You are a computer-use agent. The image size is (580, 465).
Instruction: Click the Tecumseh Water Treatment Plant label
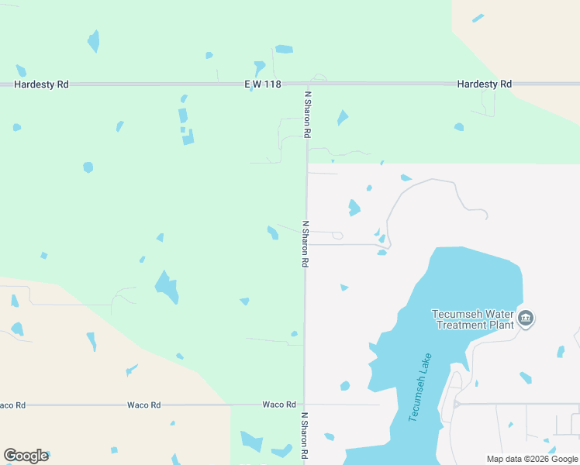[473, 319]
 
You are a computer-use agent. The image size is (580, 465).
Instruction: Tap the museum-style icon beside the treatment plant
[526, 319]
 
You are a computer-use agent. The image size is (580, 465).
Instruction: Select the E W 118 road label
[262, 84]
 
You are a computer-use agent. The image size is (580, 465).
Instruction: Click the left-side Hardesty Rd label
[42, 84]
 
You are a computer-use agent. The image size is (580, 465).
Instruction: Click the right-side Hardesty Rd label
[484, 84]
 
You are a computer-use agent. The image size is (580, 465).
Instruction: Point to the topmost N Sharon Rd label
[307, 115]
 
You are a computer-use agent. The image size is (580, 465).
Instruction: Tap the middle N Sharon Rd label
[306, 244]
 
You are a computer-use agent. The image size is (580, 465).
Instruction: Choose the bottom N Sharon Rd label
[304, 436]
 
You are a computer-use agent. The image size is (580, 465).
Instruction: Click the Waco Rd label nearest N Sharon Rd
[279, 405]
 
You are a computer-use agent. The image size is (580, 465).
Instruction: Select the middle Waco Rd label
[144, 405]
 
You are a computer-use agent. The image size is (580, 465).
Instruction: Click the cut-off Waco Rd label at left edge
[12, 405]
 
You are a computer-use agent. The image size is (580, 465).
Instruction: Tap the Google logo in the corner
[26, 456]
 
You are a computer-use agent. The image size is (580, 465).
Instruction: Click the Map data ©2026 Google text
[532, 459]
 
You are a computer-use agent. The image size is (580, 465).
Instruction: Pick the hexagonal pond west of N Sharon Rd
[88, 167]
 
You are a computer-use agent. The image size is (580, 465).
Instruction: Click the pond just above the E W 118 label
[284, 50]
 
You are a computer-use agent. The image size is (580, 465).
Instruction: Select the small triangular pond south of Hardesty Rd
[342, 118]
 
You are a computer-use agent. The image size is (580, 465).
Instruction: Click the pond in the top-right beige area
[478, 18]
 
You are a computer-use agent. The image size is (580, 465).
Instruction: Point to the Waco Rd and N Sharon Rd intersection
[304, 404]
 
